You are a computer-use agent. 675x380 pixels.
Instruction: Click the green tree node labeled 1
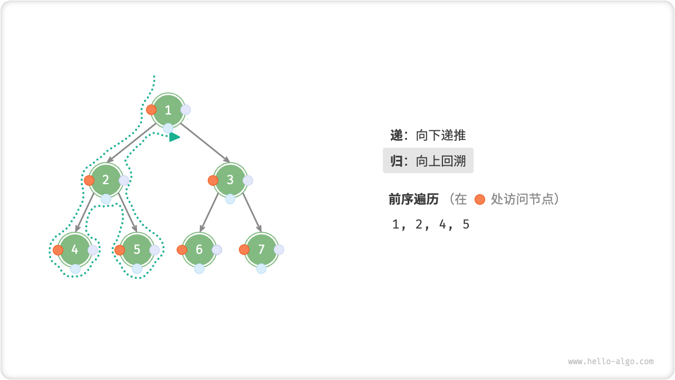click(168, 110)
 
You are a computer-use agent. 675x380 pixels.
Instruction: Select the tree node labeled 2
click(105, 180)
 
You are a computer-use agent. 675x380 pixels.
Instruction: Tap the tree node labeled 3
click(230, 180)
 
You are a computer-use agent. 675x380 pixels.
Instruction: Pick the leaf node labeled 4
click(75, 250)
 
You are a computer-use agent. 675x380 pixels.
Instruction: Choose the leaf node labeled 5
click(137, 250)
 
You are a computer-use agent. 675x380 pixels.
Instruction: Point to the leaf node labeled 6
click(199, 250)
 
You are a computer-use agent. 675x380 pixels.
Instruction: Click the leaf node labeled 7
click(261, 250)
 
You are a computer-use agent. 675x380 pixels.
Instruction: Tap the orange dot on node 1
click(151, 110)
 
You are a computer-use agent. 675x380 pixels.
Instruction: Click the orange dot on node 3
click(213, 180)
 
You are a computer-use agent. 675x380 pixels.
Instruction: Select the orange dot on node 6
click(182, 250)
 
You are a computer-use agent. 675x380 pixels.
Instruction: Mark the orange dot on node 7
click(244, 250)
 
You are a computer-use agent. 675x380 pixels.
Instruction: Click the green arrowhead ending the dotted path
click(175, 137)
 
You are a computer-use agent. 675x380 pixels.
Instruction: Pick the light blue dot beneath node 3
click(230, 199)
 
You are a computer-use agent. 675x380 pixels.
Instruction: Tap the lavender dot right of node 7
click(279, 250)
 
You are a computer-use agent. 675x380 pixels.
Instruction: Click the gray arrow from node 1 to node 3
click(206, 144)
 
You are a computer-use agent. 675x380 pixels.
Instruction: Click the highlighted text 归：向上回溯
click(428, 161)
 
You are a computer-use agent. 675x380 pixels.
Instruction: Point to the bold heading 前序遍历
click(413, 199)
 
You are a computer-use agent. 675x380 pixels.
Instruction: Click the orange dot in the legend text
click(479, 199)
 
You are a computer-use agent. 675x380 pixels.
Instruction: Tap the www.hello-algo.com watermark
click(611, 362)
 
